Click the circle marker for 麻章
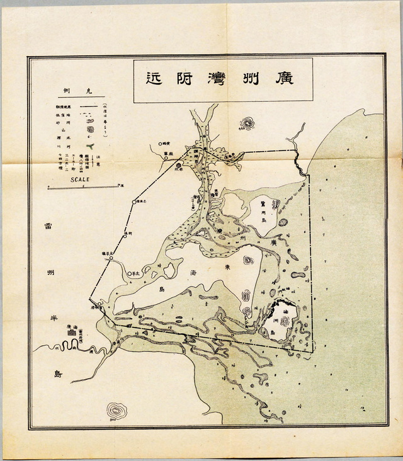(x=166, y=158)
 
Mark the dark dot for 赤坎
(x=178, y=166)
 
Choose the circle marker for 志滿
(x=134, y=202)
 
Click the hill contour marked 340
(x=116, y=411)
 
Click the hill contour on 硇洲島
(x=284, y=321)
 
